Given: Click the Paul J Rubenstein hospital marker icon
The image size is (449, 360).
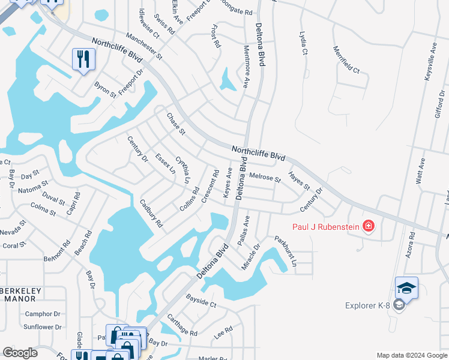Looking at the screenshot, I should (x=368, y=226).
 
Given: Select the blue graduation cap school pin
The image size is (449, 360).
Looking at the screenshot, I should (x=406, y=289).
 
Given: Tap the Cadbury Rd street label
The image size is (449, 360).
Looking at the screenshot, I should (x=151, y=213).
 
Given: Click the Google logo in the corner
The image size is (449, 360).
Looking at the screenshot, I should (x=20, y=353).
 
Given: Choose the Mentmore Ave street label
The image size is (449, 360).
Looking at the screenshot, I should (x=246, y=66).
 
